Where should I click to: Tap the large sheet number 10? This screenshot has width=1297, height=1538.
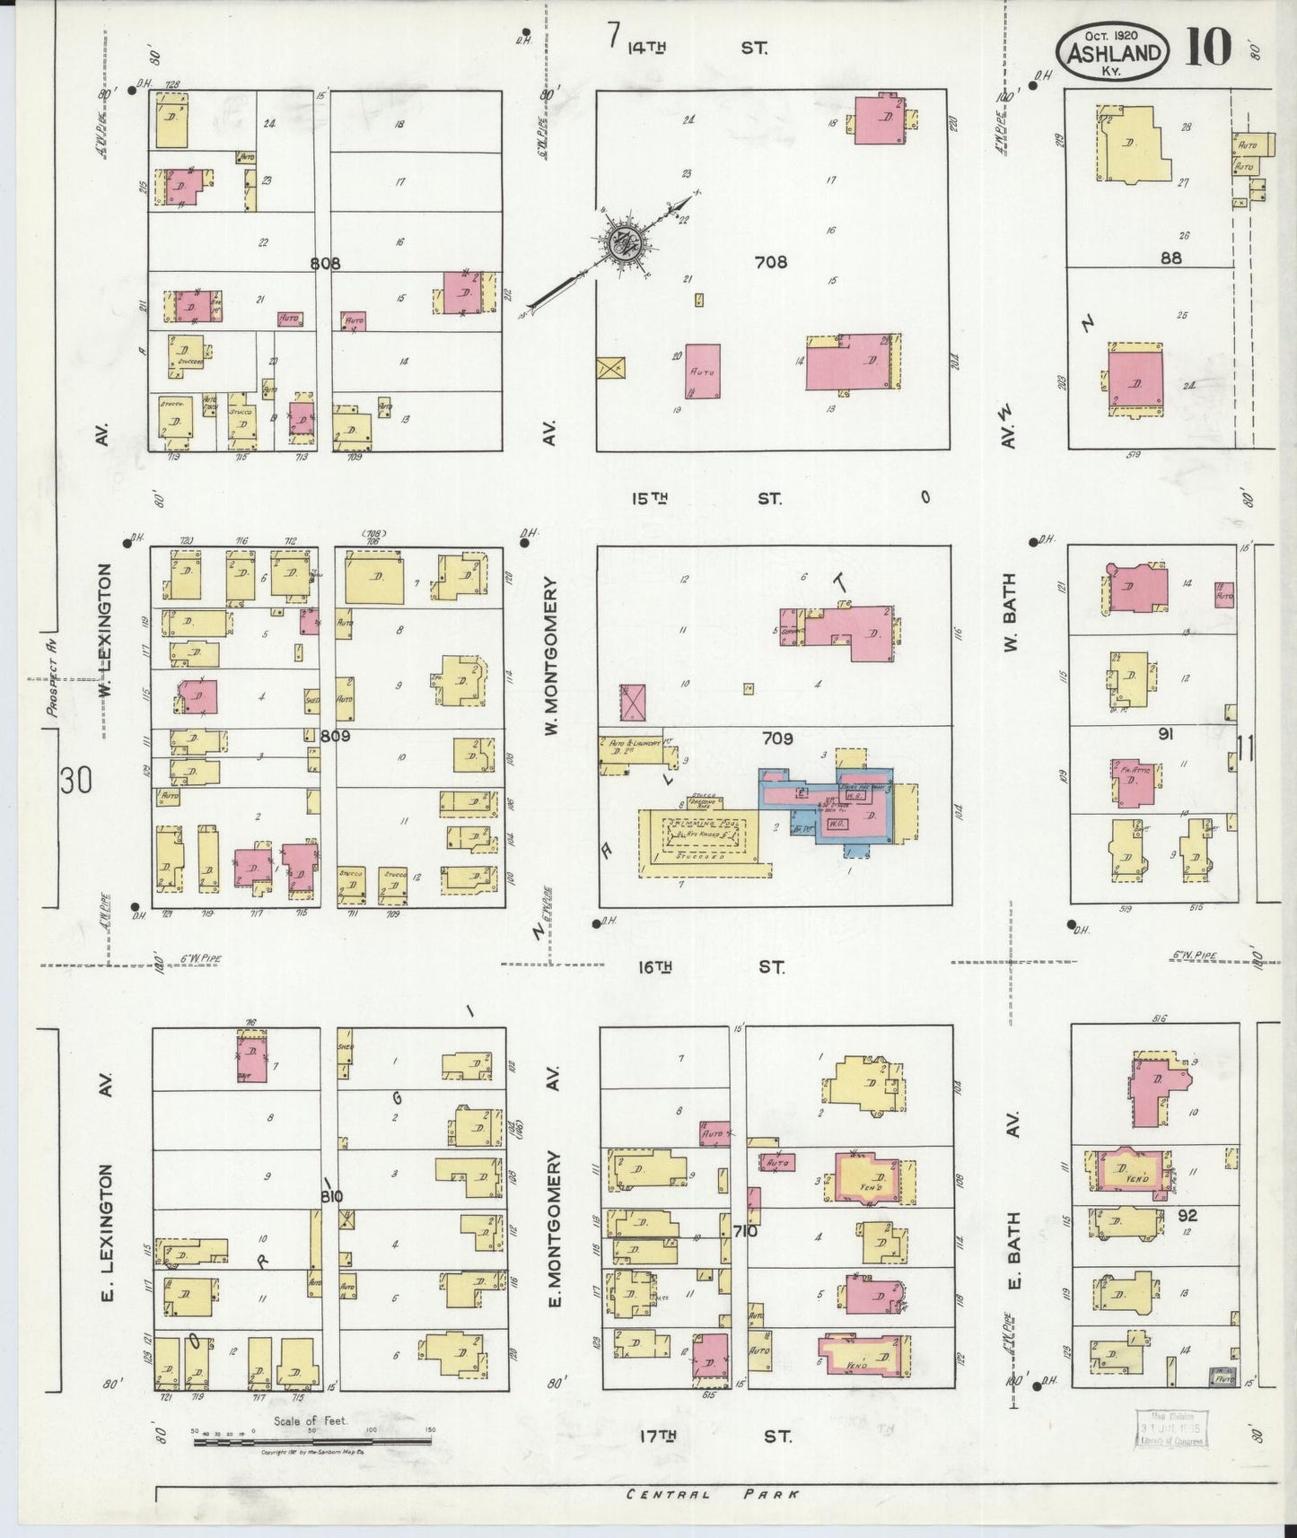(x=1208, y=48)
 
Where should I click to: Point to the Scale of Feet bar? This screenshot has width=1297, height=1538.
(x=311, y=1442)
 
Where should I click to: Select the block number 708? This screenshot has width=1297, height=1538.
(x=771, y=262)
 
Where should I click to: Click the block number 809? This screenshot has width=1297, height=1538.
(x=334, y=737)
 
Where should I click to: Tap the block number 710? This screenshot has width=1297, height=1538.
(x=744, y=1231)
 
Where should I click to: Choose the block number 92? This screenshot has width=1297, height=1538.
(x=1187, y=1215)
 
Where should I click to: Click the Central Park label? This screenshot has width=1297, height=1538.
(x=712, y=1494)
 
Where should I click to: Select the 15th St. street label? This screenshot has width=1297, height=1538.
(x=705, y=498)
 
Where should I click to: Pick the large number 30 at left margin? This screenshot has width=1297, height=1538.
(x=76, y=781)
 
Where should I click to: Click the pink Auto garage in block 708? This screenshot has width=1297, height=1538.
(x=703, y=371)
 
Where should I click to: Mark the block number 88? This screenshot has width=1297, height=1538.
(x=1170, y=258)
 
